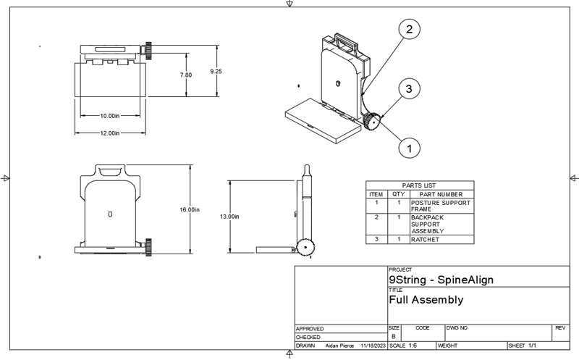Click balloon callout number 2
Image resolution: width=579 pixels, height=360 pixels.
pos(409,29)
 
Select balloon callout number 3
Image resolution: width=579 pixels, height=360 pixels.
pos(409,88)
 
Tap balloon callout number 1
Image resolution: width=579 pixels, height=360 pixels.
pos(409,148)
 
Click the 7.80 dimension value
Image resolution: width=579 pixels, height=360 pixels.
pos(186,75)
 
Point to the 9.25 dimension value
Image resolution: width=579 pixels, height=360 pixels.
pos(216,71)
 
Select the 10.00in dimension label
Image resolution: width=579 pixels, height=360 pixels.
pos(110,116)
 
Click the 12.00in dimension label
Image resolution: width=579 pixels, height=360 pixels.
pos(110,133)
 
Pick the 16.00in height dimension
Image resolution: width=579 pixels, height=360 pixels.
pos(190,209)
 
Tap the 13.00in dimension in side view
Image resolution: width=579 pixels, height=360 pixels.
pos(229,217)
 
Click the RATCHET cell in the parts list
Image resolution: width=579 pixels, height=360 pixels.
pos(425,240)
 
